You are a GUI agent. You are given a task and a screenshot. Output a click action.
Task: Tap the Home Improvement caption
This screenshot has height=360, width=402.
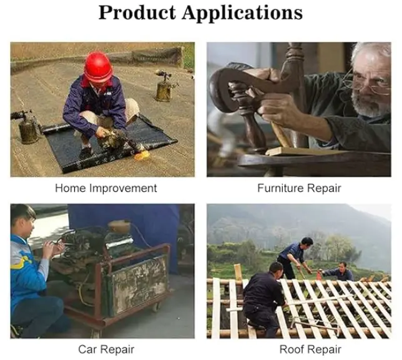[x=106, y=187]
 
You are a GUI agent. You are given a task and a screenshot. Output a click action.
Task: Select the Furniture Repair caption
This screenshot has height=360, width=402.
[x=299, y=187]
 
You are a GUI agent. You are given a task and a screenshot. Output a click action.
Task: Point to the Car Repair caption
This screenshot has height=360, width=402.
[x=106, y=349]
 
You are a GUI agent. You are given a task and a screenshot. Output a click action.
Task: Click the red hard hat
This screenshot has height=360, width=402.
[x=98, y=67]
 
